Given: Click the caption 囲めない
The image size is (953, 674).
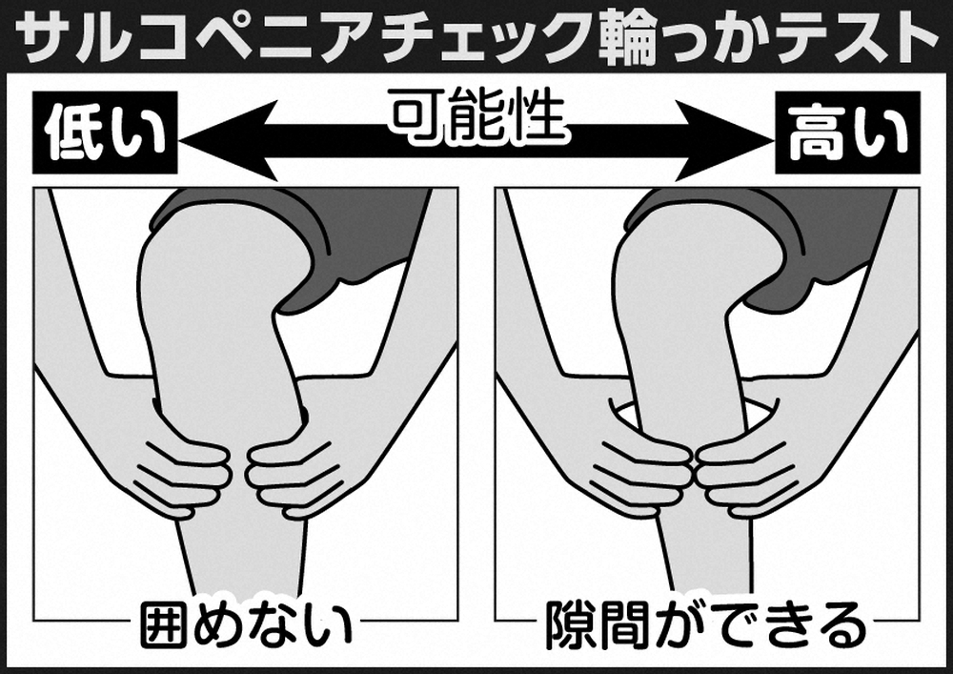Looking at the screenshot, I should point(246,624).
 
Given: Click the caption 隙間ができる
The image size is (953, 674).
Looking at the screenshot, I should point(706,624).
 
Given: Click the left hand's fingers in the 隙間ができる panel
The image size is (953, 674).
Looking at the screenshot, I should point(648,467).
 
